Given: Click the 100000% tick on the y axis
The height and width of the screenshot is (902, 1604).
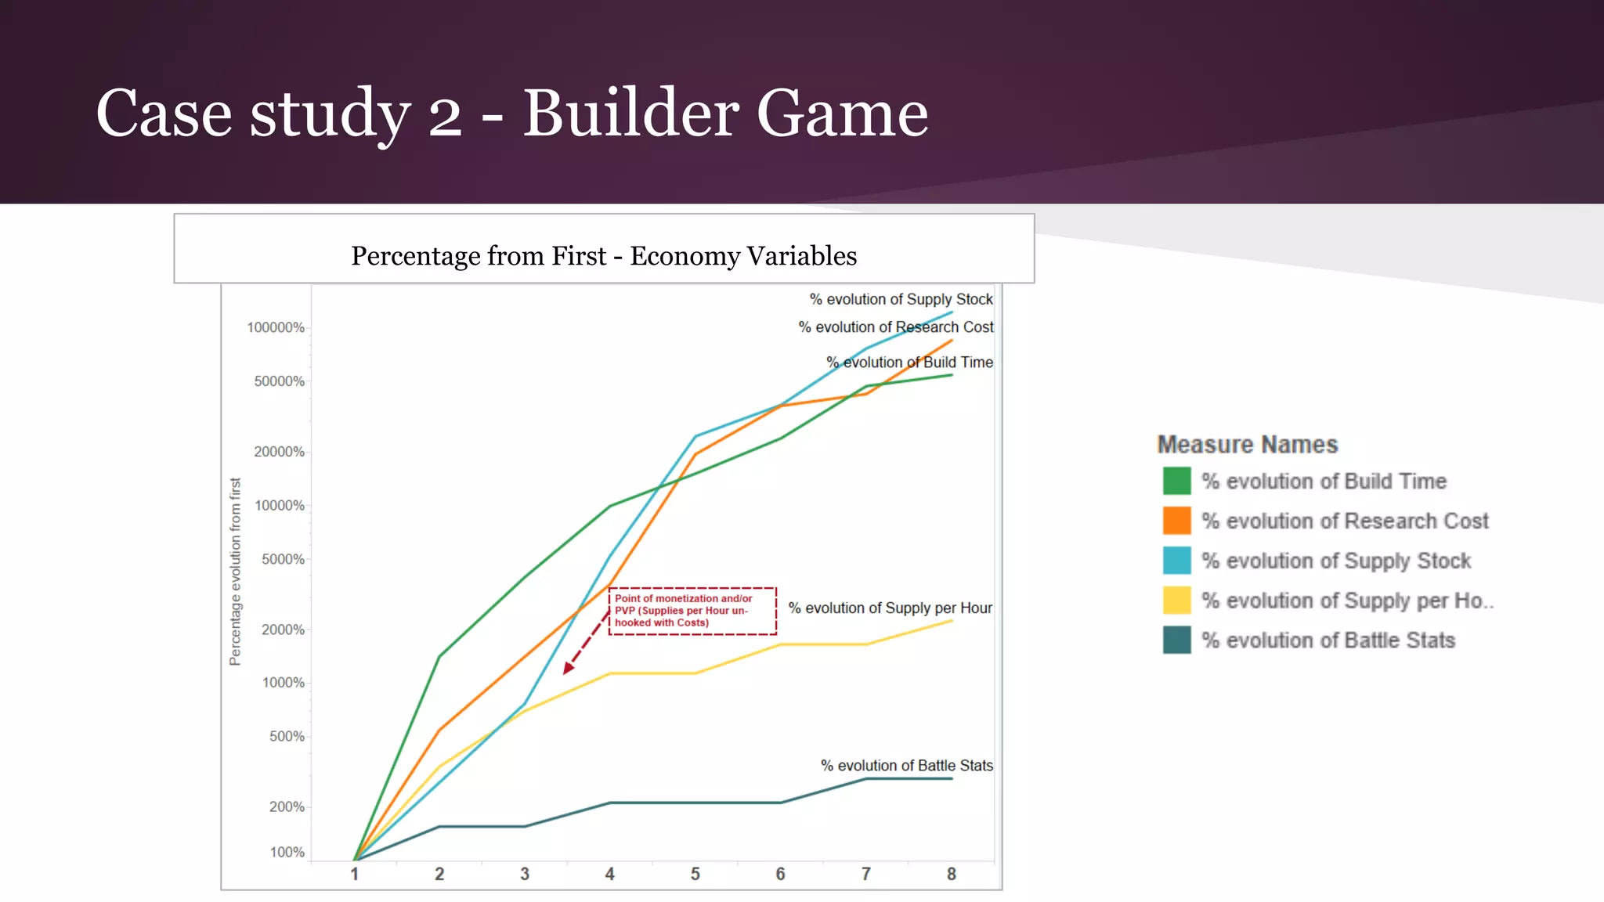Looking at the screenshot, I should pos(276,327).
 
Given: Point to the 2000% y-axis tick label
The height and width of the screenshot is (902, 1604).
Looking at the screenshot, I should pos(283,630).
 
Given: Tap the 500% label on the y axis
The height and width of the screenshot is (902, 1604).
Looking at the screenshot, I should pos(287,737).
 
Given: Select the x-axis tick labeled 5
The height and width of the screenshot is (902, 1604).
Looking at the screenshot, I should pos(695,874).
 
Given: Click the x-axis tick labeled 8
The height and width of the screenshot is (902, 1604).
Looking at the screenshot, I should pos(952,874).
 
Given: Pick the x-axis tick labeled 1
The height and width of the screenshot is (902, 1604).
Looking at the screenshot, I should pos(355,874).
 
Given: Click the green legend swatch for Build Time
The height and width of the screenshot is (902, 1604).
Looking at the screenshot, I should pos(1176,481).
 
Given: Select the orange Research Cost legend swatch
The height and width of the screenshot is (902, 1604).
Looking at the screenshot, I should pos(1176,521).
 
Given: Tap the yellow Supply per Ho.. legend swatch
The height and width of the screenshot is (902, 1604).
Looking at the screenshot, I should pos(1176,601).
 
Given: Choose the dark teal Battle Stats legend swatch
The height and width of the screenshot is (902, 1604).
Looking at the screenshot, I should pos(1176,640).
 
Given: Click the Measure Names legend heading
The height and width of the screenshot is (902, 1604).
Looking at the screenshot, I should pos(1247,445).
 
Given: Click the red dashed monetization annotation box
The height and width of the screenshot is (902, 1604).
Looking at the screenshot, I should pos(692,611).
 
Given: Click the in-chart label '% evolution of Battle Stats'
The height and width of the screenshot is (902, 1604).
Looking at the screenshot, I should pos(906,766).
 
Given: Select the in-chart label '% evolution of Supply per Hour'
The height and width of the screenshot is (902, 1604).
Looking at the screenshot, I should pos(890,608).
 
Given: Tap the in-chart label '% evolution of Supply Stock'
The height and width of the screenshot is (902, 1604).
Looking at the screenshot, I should pos(901,299).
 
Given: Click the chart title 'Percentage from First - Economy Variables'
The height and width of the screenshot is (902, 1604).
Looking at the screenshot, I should pos(604,256).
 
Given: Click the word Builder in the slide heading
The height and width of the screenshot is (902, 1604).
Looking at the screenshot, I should pos(630,114).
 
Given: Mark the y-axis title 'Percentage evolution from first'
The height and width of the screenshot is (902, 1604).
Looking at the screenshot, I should pos(235,572).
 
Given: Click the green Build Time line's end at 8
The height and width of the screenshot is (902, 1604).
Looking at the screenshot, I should pos(952,375).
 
